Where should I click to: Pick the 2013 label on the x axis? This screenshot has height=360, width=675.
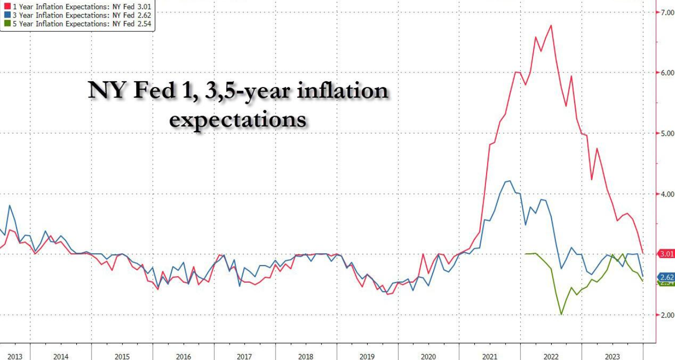(15, 356)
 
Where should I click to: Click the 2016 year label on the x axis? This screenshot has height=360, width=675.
(183, 356)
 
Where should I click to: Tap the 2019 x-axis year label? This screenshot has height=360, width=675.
(367, 356)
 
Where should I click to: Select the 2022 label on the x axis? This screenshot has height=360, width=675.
(551, 356)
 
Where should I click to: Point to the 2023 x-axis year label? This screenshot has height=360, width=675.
(612, 356)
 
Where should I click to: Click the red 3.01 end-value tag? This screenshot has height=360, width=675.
(666, 254)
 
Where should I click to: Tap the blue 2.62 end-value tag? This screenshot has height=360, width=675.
(666, 277)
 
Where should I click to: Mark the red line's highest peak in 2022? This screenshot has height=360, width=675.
(552, 25)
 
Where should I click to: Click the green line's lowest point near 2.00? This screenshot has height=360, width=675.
(561, 314)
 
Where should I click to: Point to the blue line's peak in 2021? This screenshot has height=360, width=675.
(510, 181)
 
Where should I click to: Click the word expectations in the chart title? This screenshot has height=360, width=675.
(238, 119)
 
